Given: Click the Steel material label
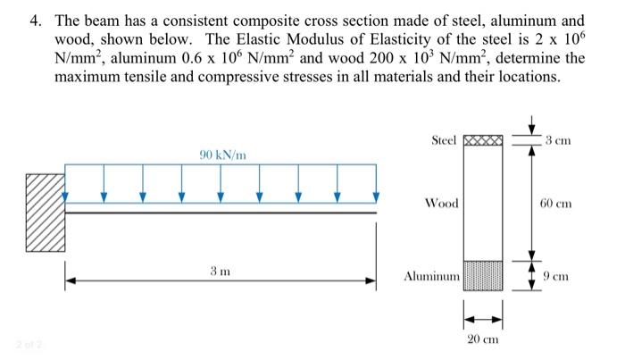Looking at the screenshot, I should tap(443, 141).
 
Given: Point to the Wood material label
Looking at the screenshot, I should tap(442, 204).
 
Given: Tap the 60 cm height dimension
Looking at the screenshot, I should tap(560, 204).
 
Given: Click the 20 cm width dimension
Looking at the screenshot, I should tap(484, 339).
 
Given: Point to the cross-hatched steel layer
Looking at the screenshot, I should tap(484, 141).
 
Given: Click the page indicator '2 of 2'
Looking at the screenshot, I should tap(23, 345).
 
